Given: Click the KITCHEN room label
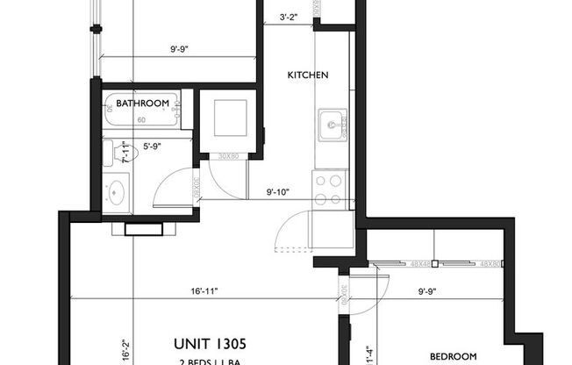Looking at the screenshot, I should [x=308, y=75].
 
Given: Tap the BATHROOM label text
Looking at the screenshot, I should [x=142, y=104].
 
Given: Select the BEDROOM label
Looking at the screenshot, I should [x=453, y=356].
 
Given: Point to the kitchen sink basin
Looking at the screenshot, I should [x=332, y=125].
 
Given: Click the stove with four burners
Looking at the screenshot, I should [x=327, y=184].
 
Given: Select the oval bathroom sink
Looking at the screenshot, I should [x=117, y=192].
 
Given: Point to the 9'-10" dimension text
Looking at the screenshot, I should [x=275, y=192].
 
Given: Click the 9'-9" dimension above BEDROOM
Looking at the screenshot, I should [x=426, y=290].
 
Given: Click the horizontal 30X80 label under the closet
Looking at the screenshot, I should [x=228, y=157].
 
